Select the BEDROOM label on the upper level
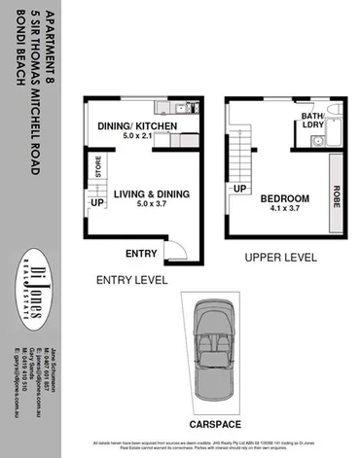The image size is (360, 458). coord(285,198)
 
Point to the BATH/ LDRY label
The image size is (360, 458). coord(312,122)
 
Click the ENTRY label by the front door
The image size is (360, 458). coord(142,254)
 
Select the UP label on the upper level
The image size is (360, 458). coord(239,189)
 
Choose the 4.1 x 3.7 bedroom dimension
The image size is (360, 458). coord(285,210)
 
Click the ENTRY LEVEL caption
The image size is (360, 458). coord(130,280)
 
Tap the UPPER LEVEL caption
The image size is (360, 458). coord(282,259)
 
